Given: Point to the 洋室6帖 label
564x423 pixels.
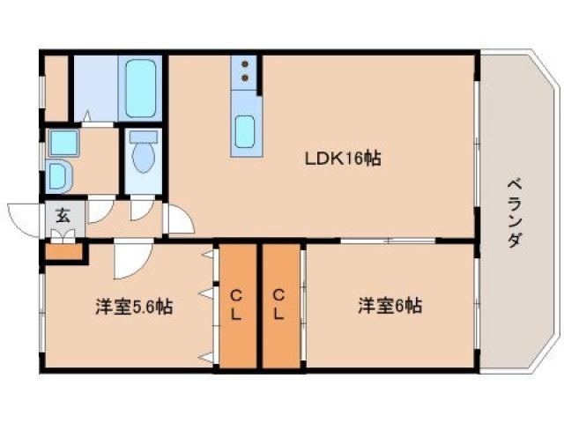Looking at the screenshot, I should coord(390,307).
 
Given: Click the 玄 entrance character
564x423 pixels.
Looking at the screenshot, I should coord(64,214).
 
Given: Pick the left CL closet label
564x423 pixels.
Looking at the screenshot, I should coord(237,304).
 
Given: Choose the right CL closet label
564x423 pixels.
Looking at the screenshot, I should coord(278,304).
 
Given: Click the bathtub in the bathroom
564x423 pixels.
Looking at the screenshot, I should coord(140,88).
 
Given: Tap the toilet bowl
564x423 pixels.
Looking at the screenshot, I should coord(142,156).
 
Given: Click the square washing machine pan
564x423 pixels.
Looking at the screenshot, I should coord(61,141).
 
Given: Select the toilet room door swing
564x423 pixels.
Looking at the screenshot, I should coord(142,210).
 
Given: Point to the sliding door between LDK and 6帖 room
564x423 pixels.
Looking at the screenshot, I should coord(388,241).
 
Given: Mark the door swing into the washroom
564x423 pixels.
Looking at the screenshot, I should coord(100,210).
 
